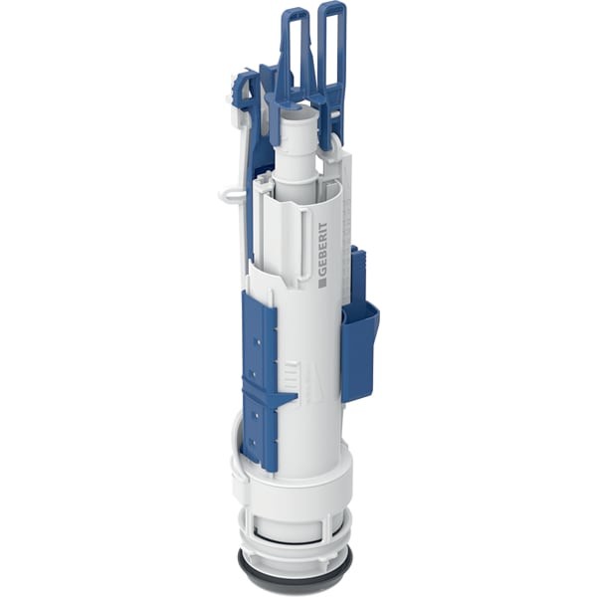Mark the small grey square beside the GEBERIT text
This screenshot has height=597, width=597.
322,283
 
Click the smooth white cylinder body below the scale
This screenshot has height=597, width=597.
313,418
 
